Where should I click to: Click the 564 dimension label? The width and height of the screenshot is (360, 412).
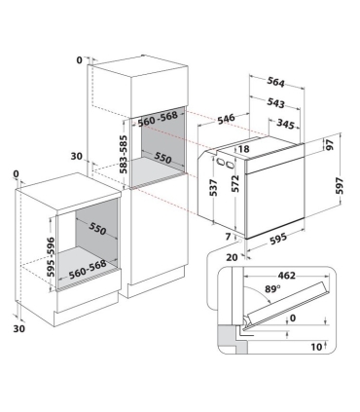tap(275, 82)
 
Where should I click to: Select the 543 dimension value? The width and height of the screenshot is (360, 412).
tap(275, 102)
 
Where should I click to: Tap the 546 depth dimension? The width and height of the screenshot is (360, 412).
tap(226, 119)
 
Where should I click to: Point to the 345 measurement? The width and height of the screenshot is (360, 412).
tap(285, 124)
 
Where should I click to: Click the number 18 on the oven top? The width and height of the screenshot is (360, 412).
tap(243, 149)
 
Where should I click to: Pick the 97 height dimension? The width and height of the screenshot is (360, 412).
tap(330, 145)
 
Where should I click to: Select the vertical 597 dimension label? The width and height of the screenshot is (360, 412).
tap(339, 185)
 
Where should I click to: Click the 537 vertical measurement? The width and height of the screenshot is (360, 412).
tap(213, 188)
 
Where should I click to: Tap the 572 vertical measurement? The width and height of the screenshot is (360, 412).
tap(235, 184)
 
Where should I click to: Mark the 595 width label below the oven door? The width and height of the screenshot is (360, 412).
tap(278, 239)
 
